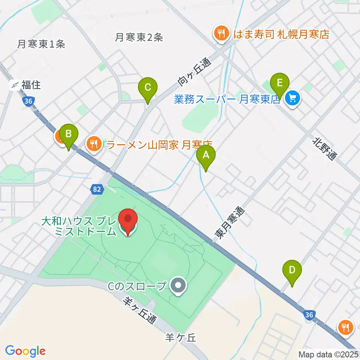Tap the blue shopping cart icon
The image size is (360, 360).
[292, 99]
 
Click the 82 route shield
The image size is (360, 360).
[97, 190]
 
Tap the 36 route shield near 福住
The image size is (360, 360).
[27, 101]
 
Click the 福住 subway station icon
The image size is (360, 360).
[15, 85]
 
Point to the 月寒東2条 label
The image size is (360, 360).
[139, 37]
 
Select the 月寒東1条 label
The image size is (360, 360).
[41, 44]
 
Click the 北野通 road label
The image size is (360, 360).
[325, 148]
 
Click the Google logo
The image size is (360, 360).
[25, 351]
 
